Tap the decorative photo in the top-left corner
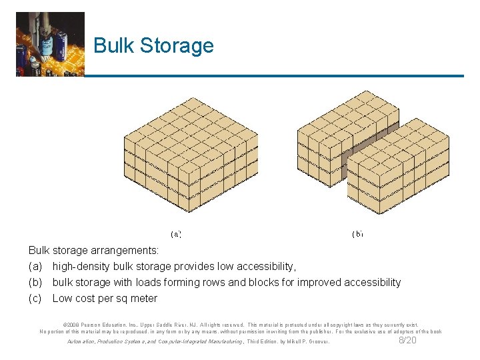point(51,44)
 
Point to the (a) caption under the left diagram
point(176,234)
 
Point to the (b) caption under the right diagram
point(357,234)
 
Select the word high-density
point(82,267)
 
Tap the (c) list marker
point(35,299)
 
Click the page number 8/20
point(407,341)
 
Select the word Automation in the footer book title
point(82,342)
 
